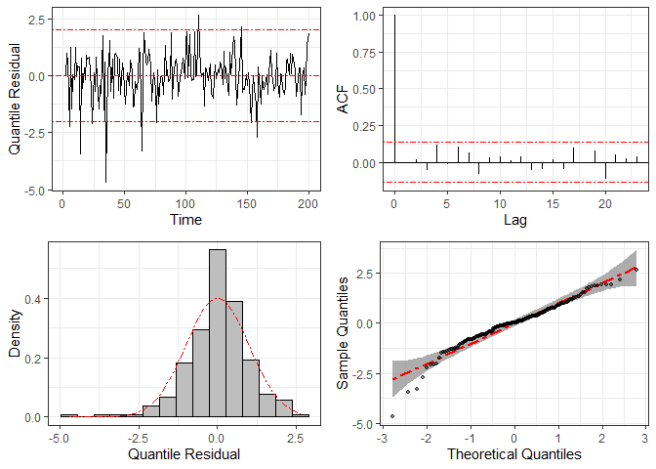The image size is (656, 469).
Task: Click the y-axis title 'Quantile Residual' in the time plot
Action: (15, 98)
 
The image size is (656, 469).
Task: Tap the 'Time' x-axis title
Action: (185, 220)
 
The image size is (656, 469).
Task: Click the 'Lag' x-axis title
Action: (514, 220)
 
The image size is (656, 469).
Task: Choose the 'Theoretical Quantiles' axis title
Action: (514, 454)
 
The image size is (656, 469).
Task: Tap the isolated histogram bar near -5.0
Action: (68, 415)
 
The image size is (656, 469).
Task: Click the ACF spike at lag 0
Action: (394, 88)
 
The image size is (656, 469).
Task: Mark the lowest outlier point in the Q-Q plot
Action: (392, 416)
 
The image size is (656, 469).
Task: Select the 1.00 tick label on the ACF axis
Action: (364, 17)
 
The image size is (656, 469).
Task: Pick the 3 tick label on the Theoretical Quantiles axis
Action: (646, 438)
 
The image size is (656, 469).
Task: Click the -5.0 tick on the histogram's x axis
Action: (61, 438)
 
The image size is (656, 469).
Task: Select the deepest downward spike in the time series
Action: (105, 182)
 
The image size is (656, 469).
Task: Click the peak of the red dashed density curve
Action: (217, 298)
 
